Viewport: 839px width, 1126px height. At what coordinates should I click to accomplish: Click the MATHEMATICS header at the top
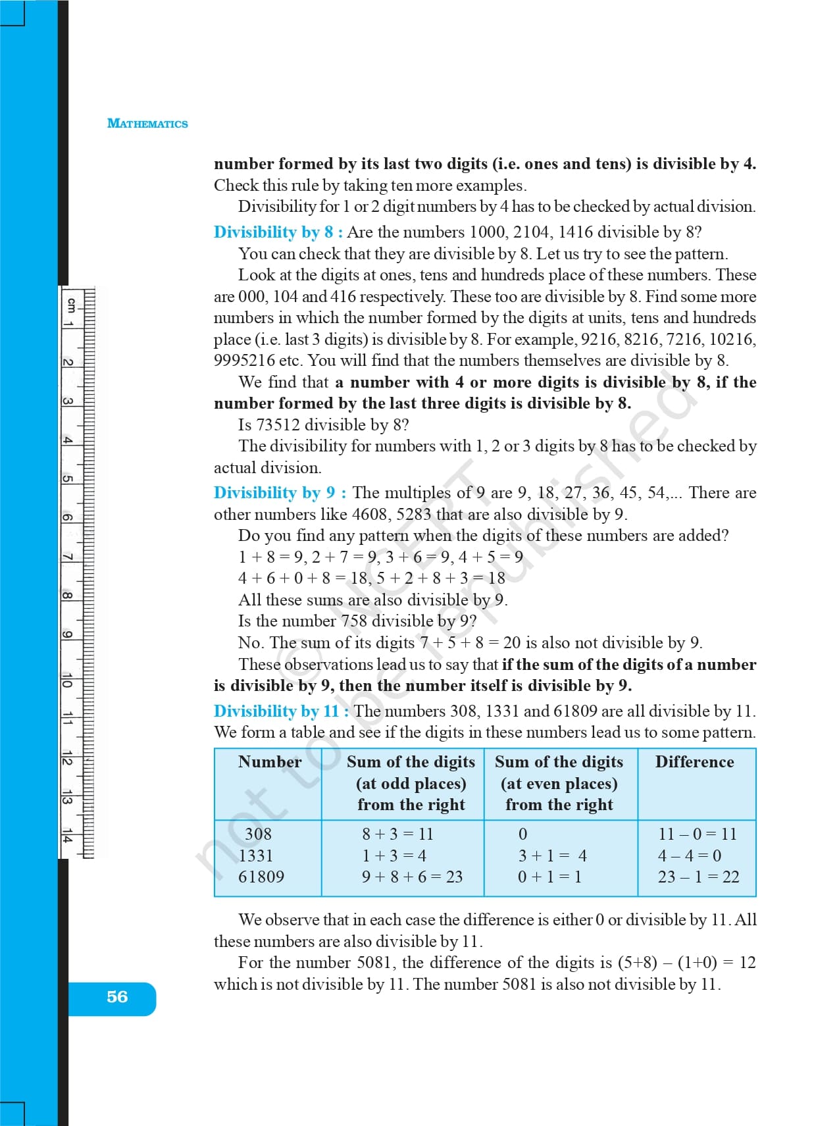tap(147, 124)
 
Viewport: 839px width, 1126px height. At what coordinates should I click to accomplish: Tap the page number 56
tap(117, 997)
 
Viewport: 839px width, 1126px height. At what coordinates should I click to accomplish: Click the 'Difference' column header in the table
tap(694, 762)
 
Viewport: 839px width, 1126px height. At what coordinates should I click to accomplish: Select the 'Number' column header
tap(270, 762)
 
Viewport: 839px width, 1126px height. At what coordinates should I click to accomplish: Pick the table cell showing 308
tap(258, 834)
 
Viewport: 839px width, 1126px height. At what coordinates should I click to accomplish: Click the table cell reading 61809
tap(261, 877)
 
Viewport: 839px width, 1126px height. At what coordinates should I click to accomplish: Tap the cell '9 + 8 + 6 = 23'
tap(413, 877)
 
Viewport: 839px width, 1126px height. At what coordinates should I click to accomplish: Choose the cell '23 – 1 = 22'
tap(698, 877)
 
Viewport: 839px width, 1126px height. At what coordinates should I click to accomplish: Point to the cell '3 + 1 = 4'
tap(552, 856)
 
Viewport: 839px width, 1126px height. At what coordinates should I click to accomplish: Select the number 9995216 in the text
tap(244, 361)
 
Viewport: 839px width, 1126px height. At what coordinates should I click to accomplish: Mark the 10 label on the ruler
tap(66, 681)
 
